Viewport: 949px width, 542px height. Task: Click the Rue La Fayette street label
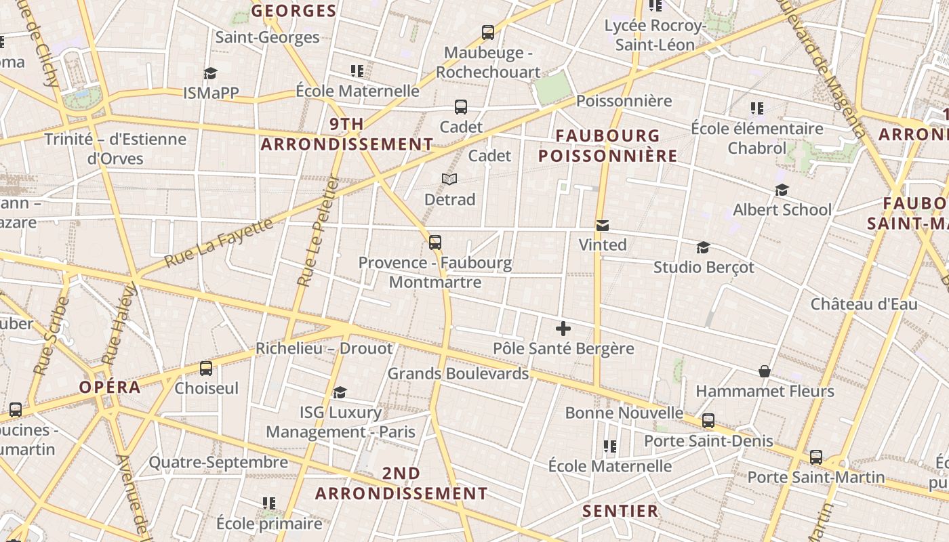pyautogui.click(x=218, y=243)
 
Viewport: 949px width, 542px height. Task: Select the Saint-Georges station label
pyautogui.click(x=267, y=37)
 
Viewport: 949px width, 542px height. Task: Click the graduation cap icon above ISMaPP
pyautogui.click(x=210, y=73)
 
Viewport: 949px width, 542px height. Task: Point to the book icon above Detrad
pyautogui.click(x=449, y=179)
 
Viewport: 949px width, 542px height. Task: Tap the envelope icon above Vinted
pyautogui.click(x=602, y=226)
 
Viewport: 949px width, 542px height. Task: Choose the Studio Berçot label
pyautogui.click(x=704, y=267)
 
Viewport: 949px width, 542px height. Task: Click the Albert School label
pyautogui.click(x=782, y=209)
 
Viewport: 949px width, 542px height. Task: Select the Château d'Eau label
pyautogui.click(x=864, y=304)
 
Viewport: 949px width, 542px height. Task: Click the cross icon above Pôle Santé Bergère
pyautogui.click(x=563, y=329)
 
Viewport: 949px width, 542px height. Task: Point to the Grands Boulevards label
pyautogui.click(x=458, y=373)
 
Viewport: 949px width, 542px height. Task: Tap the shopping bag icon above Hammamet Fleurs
pyautogui.click(x=765, y=371)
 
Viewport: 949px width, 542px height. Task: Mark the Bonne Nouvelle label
pyautogui.click(x=624, y=413)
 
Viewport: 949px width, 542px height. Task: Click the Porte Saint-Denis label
pyautogui.click(x=708, y=441)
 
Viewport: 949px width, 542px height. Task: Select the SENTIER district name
pyautogui.click(x=620, y=511)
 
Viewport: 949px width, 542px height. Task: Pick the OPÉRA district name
pyautogui.click(x=110, y=387)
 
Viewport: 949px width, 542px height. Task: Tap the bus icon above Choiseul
pyautogui.click(x=206, y=369)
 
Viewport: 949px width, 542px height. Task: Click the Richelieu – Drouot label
pyautogui.click(x=324, y=348)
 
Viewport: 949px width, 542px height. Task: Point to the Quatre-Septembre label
pyautogui.click(x=218, y=463)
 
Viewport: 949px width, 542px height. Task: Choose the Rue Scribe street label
pyautogui.click(x=52, y=336)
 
